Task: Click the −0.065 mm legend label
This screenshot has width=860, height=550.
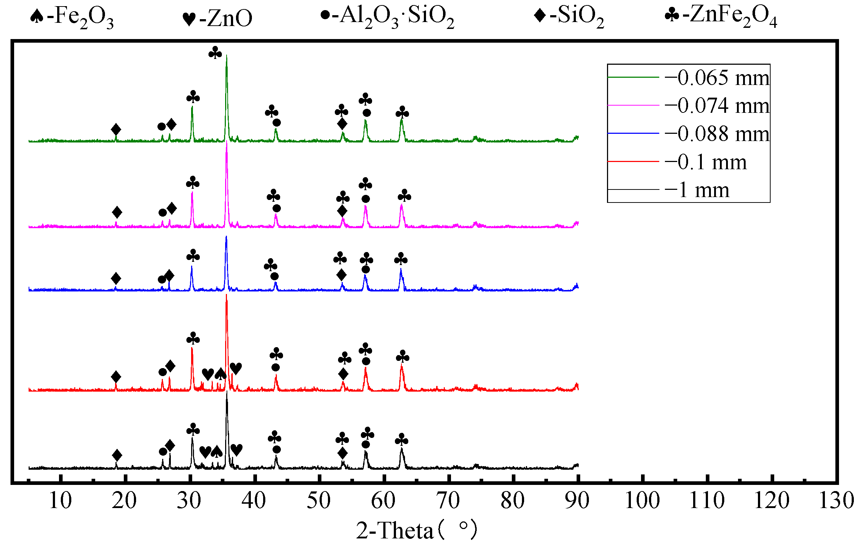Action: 717,78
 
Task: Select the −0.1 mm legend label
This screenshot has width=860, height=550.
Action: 705,162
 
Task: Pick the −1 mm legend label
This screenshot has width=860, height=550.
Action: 697,190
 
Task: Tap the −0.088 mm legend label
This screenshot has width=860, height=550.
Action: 717,134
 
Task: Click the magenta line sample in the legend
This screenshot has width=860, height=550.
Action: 633,105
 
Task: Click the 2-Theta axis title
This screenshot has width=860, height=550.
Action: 416,530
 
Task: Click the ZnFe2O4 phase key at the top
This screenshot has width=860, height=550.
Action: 720,16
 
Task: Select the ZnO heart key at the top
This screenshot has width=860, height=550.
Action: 217,18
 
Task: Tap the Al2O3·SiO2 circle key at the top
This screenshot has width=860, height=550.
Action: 387,16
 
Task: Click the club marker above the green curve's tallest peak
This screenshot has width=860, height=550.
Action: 215,53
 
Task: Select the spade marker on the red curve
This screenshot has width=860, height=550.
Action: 220,374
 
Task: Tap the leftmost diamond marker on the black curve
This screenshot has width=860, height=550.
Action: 117,455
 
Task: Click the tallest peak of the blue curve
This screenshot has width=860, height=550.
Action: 226,237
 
